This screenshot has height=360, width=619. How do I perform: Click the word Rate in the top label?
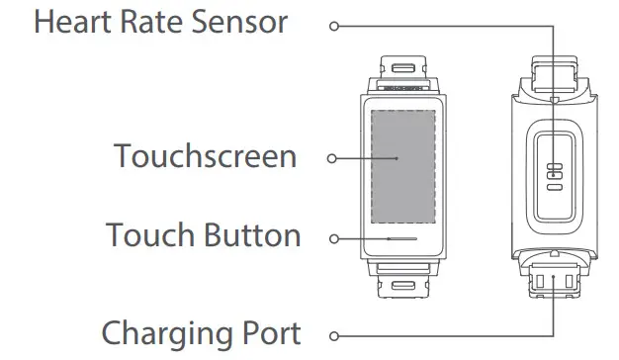point(158,22)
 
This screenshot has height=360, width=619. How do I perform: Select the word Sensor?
point(241,22)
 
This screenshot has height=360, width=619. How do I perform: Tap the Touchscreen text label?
point(205,155)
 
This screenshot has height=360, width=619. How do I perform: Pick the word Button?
point(252,235)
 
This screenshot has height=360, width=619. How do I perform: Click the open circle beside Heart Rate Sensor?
point(334,25)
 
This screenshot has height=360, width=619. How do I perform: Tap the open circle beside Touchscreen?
point(331,157)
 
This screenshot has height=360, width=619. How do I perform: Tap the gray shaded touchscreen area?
point(401,163)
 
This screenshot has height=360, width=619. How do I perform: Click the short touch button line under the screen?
point(401,238)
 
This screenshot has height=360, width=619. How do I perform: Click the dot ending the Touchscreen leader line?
point(398,157)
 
